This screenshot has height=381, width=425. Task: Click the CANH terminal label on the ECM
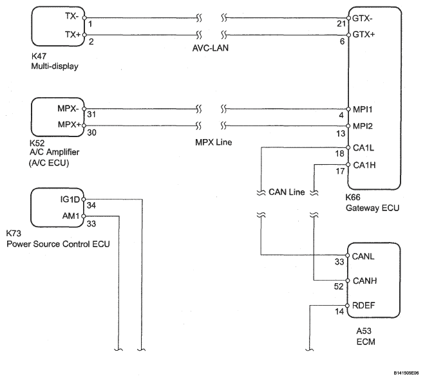coord(366,281)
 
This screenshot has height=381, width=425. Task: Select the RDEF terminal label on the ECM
coord(364,305)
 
